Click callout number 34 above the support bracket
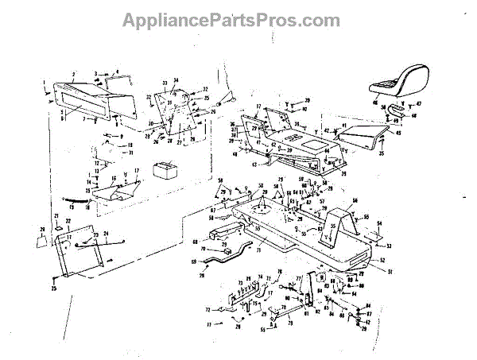click(176, 80)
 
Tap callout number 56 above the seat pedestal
click(355, 200)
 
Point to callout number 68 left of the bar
click(195, 242)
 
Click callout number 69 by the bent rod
click(193, 261)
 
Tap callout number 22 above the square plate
click(68, 220)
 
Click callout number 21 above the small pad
click(57, 216)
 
